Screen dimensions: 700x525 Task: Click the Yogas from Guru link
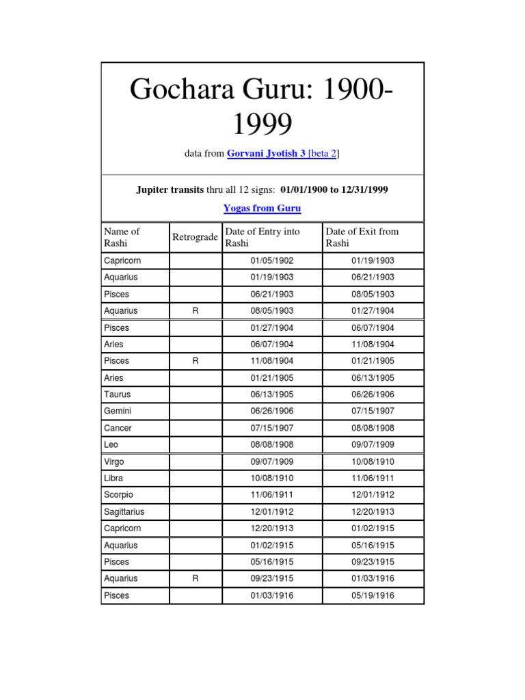click(x=262, y=208)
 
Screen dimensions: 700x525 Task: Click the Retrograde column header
click(x=196, y=237)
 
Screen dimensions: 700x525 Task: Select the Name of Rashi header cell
click(x=122, y=237)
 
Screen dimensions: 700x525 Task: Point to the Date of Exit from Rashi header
click(x=362, y=237)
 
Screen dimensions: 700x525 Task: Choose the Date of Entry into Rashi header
click(x=262, y=237)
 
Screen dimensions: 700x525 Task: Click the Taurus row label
click(x=117, y=394)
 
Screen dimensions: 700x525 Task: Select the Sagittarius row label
click(x=124, y=512)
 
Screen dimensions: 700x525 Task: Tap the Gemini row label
click(x=118, y=412)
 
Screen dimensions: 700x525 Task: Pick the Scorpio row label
click(x=118, y=495)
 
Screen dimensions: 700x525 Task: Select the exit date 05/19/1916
click(x=373, y=596)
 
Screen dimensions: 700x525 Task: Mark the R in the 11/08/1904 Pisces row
click(x=196, y=361)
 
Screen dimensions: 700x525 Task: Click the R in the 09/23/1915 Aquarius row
click(x=196, y=579)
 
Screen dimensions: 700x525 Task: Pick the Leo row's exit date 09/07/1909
click(x=373, y=445)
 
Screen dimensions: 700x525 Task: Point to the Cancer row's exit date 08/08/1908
click(x=373, y=428)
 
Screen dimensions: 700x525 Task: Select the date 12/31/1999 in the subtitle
click(x=364, y=189)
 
